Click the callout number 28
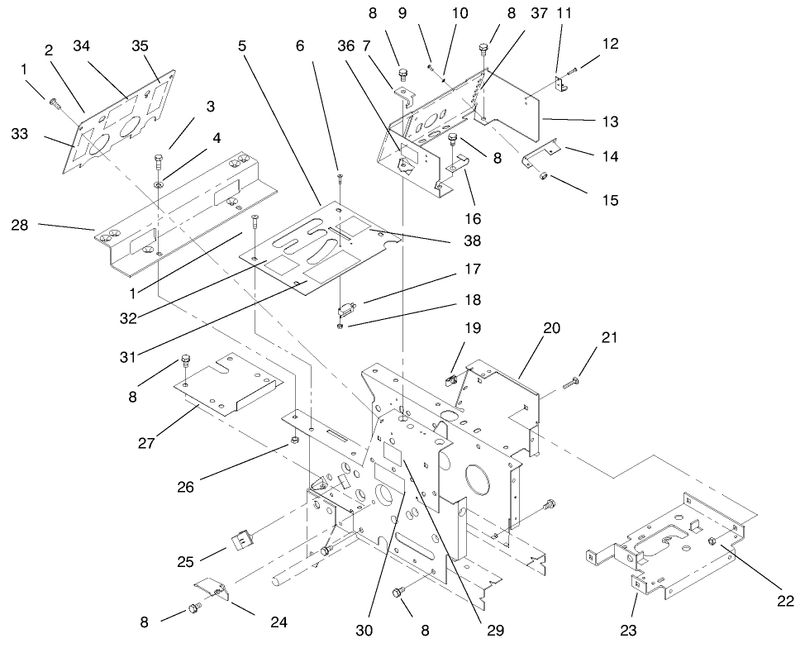[x=20, y=225]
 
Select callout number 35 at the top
[x=140, y=46]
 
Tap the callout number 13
[x=610, y=121]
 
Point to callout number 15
[x=610, y=200]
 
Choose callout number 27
[x=146, y=443]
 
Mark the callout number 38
[x=472, y=240]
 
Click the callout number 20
[x=552, y=328]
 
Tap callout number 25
[x=186, y=562]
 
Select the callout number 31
[x=128, y=357]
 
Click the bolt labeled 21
[x=570, y=383]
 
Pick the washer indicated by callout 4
[x=159, y=183]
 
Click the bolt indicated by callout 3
[x=158, y=163]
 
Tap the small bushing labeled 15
[x=544, y=177]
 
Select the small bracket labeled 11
[x=561, y=84]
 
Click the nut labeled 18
[x=340, y=326]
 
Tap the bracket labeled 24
[x=212, y=589]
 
